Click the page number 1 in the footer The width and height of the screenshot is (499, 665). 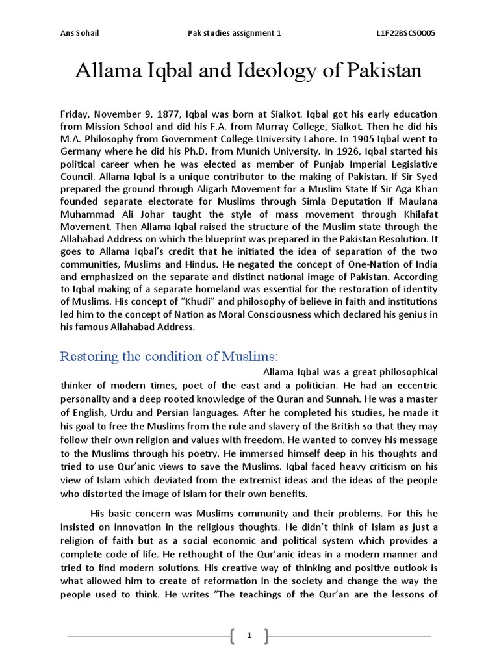tap(249, 636)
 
